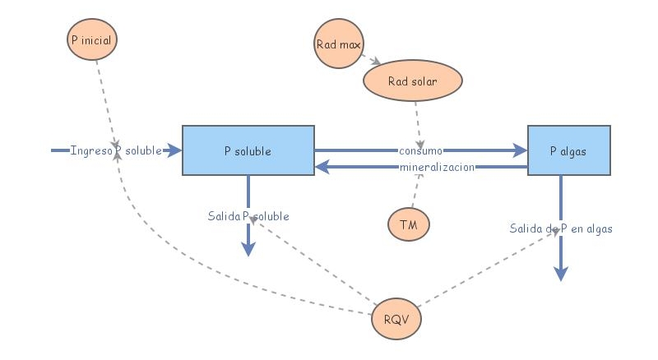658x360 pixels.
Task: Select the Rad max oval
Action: (x=338, y=43)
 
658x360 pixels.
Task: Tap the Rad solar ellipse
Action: (x=413, y=81)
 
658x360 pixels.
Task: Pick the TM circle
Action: (x=408, y=224)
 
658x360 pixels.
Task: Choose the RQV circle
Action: (x=397, y=318)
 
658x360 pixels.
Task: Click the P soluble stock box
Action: (x=248, y=150)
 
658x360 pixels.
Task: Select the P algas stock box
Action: (x=568, y=150)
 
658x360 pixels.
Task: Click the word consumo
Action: (x=421, y=150)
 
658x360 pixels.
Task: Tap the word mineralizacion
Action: (x=438, y=167)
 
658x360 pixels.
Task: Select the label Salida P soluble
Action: (x=248, y=216)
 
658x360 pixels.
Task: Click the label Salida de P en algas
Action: (x=560, y=228)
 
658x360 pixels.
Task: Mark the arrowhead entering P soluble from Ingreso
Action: (x=174, y=150)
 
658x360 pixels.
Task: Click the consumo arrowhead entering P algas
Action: (x=520, y=150)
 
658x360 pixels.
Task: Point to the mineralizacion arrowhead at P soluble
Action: (x=322, y=167)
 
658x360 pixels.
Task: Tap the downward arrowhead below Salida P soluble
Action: (x=248, y=250)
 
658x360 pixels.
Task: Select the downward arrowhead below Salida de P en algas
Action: (x=560, y=274)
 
